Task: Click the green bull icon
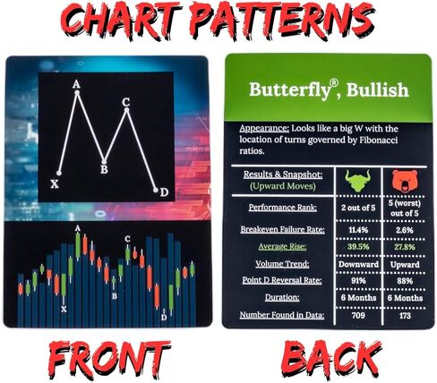click(358, 180)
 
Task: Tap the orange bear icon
click(405, 181)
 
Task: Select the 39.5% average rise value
click(358, 247)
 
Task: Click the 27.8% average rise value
click(404, 247)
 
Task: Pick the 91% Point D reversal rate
click(358, 281)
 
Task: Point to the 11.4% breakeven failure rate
click(358, 230)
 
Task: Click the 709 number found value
click(358, 315)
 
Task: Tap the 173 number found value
click(405, 315)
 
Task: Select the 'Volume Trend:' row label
click(282, 264)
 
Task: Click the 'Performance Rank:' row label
click(283, 208)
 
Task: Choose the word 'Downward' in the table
click(358, 264)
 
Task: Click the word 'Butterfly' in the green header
click(290, 90)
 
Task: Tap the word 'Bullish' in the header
click(377, 90)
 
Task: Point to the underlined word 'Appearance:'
click(264, 129)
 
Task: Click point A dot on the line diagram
click(77, 92)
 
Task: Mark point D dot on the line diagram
click(155, 190)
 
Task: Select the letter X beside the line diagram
click(55, 184)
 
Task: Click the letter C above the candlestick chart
click(127, 239)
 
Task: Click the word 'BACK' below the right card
click(331, 359)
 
